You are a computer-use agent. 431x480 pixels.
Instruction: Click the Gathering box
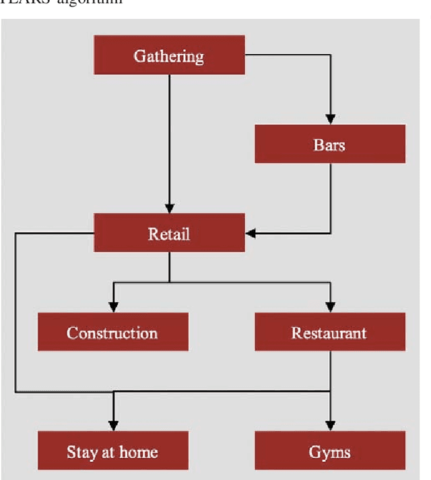click(x=168, y=55)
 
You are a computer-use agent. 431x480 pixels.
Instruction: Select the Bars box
click(x=329, y=144)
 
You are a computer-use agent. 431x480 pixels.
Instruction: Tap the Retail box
click(x=168, y=234)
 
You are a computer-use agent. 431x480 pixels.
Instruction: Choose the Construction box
click(x=112, y=333)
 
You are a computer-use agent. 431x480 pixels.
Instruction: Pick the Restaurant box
click(x=329, y=333)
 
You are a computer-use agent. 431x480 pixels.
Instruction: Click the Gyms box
click(x=329, y=450)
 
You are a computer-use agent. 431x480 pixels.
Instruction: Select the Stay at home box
click(x=112, y=450)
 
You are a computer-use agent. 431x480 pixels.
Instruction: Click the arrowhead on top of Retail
click(x=168, y=208)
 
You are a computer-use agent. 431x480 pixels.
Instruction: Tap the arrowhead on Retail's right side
click(x=251, y=234)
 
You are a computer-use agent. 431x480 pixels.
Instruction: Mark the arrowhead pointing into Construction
click(x=112, y=308)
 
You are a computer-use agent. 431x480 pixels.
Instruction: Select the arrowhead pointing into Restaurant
click(x=329, y=308)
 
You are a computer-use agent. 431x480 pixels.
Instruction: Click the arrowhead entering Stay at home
click(x=112, y=425)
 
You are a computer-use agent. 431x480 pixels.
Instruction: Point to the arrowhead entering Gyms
click(x=329, y=425)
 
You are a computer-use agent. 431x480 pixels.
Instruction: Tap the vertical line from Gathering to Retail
click(x=168, y=135)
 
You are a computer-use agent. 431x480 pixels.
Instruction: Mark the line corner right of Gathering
click(x=329, y=55)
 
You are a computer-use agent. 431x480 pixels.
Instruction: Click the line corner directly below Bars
click(x=329, y=234)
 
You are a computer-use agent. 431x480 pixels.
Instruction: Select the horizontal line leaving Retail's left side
click(x=54, y=234)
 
